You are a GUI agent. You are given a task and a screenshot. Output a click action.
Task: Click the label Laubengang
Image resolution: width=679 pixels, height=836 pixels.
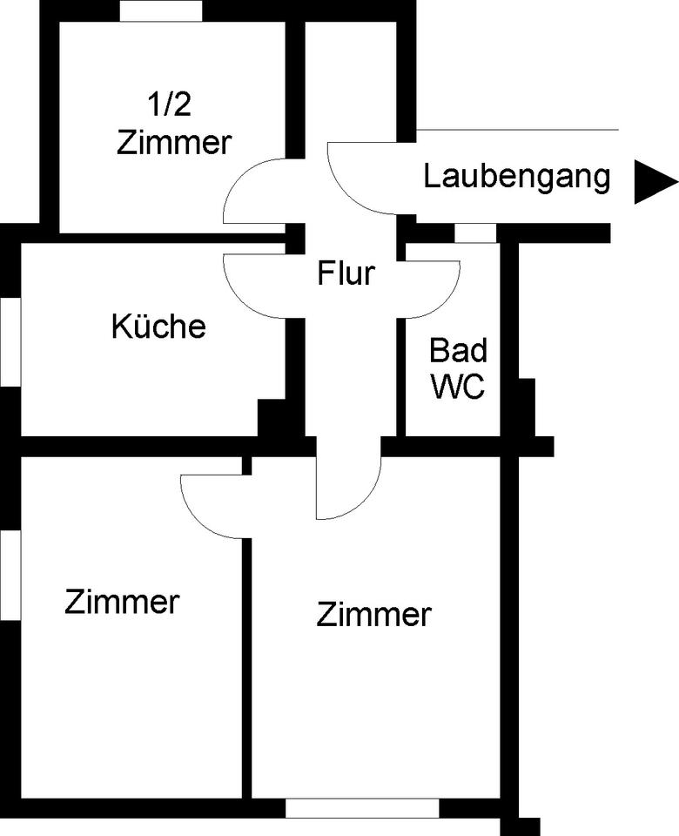coord(516,178)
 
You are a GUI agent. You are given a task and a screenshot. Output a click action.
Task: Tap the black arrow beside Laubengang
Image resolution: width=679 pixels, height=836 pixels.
coord(655,182)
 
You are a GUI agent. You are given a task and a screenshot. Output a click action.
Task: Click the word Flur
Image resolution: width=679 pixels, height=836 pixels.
coord(346,273)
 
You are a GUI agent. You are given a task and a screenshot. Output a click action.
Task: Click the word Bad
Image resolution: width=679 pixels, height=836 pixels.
coord(459,350)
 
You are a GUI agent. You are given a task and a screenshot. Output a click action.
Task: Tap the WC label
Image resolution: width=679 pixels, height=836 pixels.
coord(458,386)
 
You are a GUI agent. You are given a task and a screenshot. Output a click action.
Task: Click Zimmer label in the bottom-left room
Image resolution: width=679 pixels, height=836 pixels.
coord(122,602)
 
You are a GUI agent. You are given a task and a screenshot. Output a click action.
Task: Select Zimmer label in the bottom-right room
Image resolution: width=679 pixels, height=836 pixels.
coord(373,615)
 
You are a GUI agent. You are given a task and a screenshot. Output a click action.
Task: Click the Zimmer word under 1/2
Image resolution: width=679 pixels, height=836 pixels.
coord(174,142)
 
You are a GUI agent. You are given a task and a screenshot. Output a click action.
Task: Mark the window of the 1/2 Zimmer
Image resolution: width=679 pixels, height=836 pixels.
coord(161,10)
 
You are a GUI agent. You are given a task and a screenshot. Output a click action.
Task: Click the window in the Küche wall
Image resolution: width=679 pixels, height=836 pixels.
coord(10,340)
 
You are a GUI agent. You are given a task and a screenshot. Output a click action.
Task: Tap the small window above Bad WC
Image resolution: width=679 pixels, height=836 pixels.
coord(475,233)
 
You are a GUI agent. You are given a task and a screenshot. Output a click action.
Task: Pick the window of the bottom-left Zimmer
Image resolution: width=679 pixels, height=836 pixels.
coord(10,576)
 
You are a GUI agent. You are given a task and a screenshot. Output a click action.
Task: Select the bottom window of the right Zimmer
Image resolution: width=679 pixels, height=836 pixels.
coord(362,808)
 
